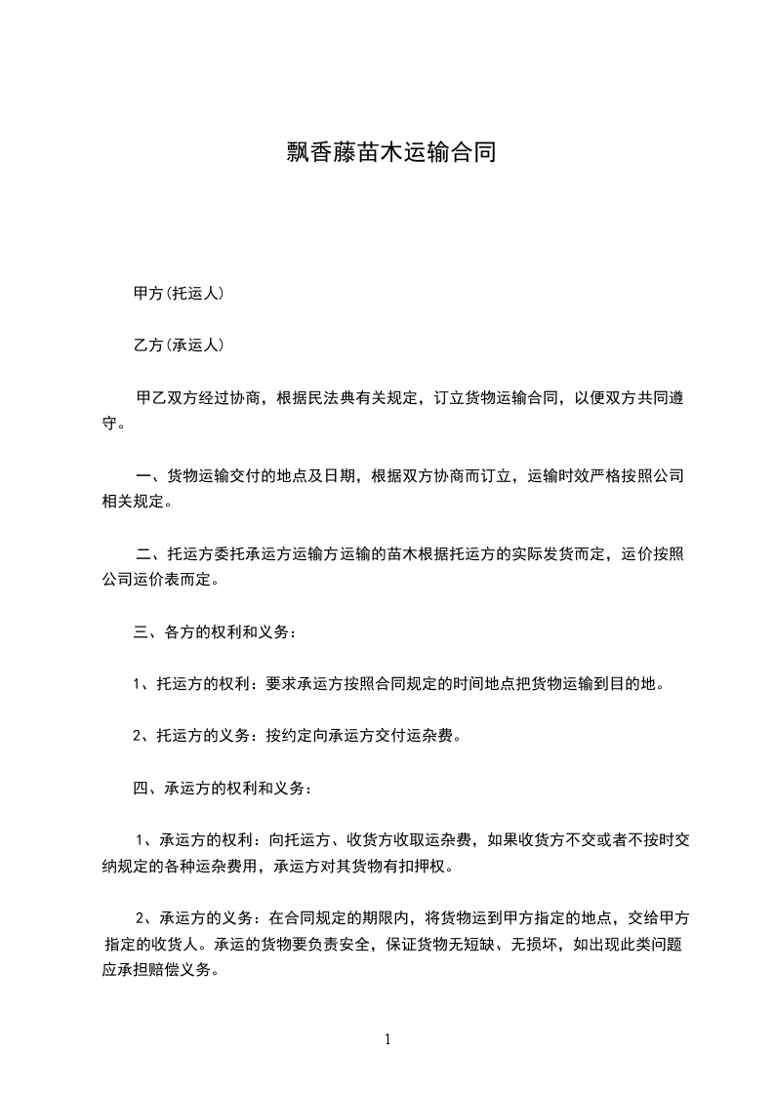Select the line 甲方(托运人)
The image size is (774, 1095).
179,293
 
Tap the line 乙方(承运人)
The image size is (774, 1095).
179,345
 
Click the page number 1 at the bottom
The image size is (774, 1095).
387,1039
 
